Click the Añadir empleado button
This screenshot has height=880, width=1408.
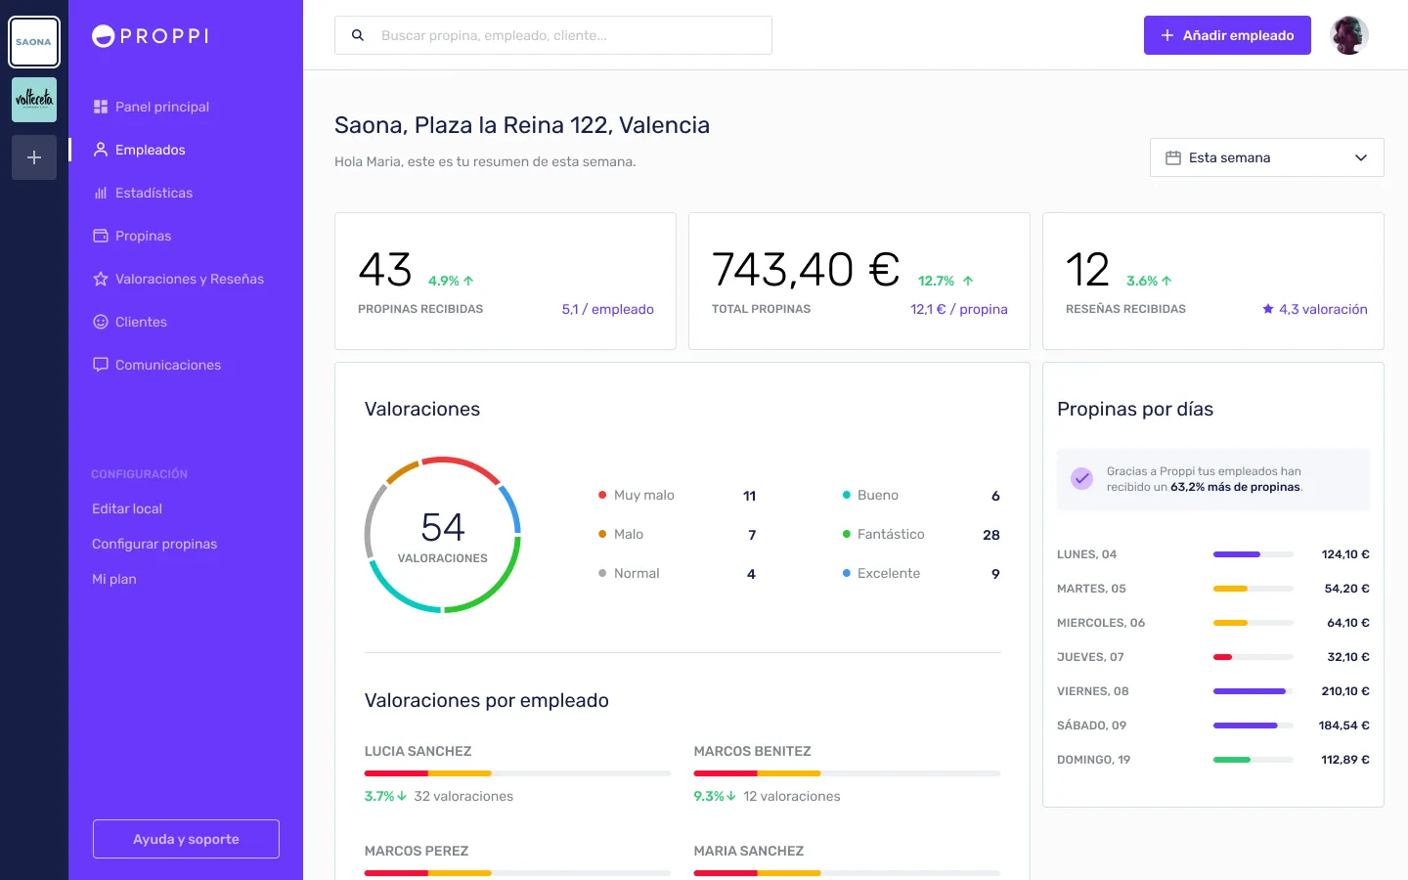[x=1227, y=35]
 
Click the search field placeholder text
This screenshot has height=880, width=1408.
[x=494, y=35]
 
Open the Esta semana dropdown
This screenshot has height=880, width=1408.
[x=1266, y=157]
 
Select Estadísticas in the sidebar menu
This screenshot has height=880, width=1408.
[x=154, y=193]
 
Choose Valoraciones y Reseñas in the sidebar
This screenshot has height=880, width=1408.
[x=189, y=279]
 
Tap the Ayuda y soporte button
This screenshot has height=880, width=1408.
[x=186, y=839]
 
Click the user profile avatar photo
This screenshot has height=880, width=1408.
[x=1348, y=35]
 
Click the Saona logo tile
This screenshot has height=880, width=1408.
[x=34, y=42]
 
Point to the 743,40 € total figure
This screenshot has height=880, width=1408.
[x=806, y=270]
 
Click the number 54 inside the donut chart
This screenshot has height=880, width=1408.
[x=443, y=528]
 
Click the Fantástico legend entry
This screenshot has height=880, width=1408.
[x=890, y=534]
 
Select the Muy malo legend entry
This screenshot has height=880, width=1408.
[x=643, y=495]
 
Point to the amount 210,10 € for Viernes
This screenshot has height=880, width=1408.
[x=1344, y=691]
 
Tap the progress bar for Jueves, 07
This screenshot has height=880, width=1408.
[x=1253, y=657]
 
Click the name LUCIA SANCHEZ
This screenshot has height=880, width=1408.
[x=418, y=751]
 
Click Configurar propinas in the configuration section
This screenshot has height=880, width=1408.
[x=154, y=544]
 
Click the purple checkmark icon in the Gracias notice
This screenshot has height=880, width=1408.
[x=1081, y=478]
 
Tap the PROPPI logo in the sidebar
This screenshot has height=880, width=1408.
[x=151, y=36]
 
